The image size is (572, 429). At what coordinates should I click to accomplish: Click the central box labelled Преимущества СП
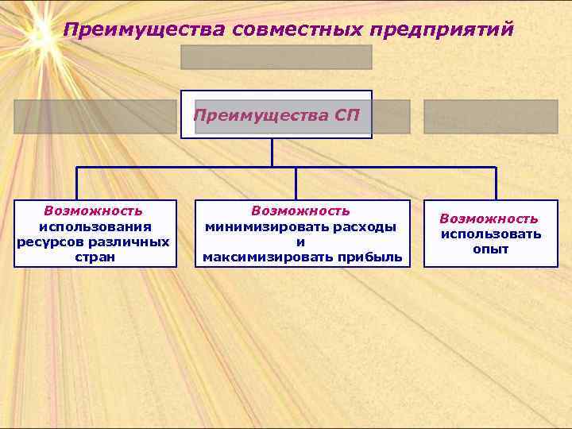coord(276,115)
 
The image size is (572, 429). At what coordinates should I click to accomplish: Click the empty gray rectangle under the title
coord(276,57)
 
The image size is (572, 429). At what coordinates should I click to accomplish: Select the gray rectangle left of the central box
coord(95,116)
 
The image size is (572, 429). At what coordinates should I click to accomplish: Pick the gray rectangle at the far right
coord(490,116)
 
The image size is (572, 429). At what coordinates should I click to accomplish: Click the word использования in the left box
coord(94,226)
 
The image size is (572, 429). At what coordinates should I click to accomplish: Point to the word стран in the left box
coord(94,257)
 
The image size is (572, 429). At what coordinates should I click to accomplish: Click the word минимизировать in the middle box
coord(265,226)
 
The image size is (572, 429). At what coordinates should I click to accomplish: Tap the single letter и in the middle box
coord(300,242)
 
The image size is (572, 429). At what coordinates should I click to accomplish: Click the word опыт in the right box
coord(490,249)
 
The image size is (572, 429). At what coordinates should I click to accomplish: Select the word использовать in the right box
coord(491,234)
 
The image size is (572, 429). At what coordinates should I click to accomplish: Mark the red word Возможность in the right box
coord(489,218)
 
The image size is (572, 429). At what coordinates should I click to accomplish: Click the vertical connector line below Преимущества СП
coord(272,153)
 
